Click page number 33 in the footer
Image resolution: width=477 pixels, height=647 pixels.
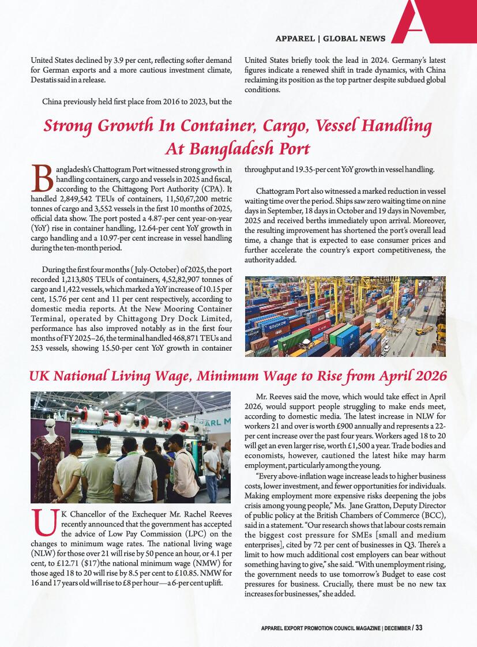tap(419, 627)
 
